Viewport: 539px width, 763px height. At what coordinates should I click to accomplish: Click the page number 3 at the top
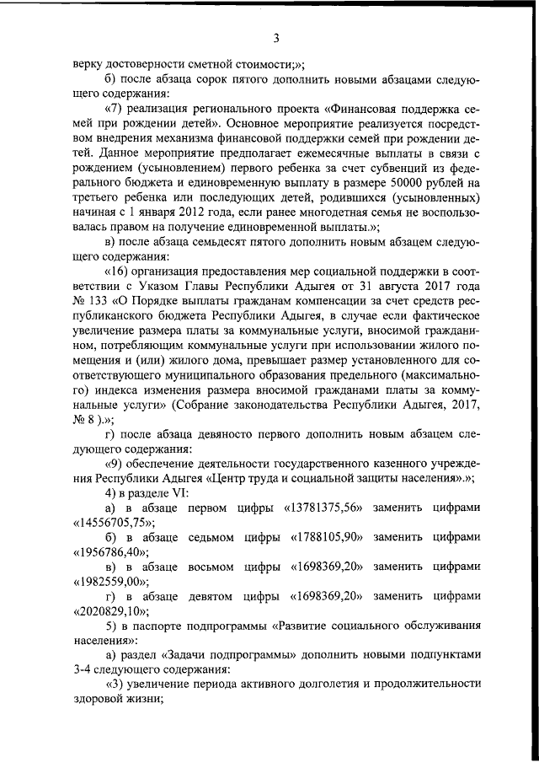coord(275,37)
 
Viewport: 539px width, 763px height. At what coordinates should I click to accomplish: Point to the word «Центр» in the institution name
coord(253,478)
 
